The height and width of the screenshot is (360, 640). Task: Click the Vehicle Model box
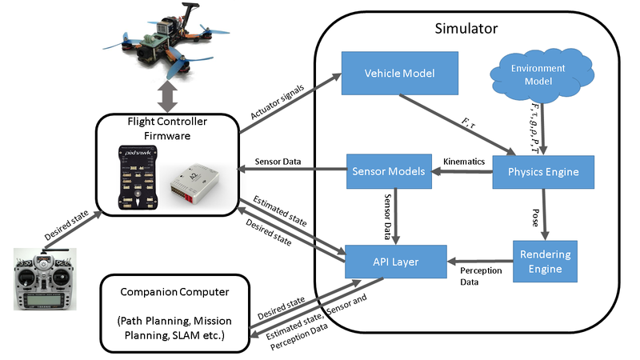point(399,73)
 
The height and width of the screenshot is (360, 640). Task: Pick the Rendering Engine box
point(544,261)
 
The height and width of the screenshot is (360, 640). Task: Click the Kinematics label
point(464,162)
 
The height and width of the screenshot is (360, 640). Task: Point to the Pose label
point(534,217)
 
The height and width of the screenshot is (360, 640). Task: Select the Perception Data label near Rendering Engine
point(482,277)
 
